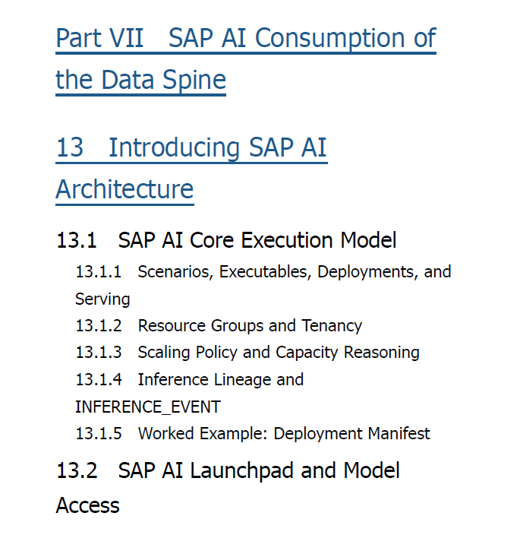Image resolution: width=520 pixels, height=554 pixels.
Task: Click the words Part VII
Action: tap(99, 38)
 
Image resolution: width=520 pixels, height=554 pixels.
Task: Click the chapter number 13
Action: tap(70, 147)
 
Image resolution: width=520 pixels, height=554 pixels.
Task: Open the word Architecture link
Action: tap(124, 189)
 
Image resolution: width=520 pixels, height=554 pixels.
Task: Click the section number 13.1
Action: tap(77, 241)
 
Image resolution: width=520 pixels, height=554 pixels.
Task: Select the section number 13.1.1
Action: tap(99, 272)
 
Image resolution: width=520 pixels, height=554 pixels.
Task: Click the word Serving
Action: tap(102, 300)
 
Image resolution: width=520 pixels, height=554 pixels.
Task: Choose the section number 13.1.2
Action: tap(99, 326)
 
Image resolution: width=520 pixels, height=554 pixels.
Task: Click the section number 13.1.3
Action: tap(99, 353)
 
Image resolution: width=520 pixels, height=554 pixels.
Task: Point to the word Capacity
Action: tap(307, 353)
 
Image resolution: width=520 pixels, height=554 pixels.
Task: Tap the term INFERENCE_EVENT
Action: tap(148, 407)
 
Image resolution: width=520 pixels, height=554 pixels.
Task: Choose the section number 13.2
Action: tap(77, 471)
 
